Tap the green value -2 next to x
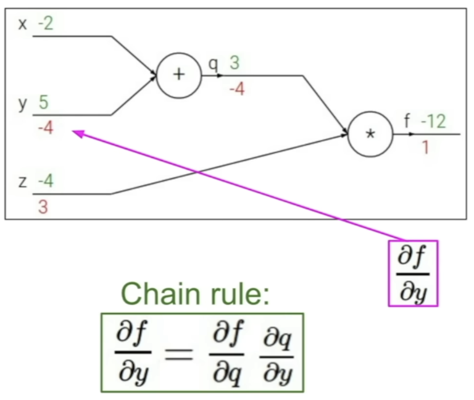click(x=46, y=23)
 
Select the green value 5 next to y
click(x=44, y=102)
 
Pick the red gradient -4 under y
click(x=46, y=128)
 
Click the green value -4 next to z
click(x=46, y=181)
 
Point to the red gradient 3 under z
click(x=43, y=207)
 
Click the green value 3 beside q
click(x=235, y=63)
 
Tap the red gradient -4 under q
click(x=237, y=89)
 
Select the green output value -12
click(x=433, y=122)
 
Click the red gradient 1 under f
click(x=426, y=148)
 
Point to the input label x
click(x=23, y=24)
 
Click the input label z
click(x=23, y=182)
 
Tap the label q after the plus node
click(x=214, y=65)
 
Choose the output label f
click(x=407, y=121)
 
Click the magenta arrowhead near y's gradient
click(x=78, y=133)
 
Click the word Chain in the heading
click(x=160, y=294)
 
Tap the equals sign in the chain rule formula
click(x=178, y=354)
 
